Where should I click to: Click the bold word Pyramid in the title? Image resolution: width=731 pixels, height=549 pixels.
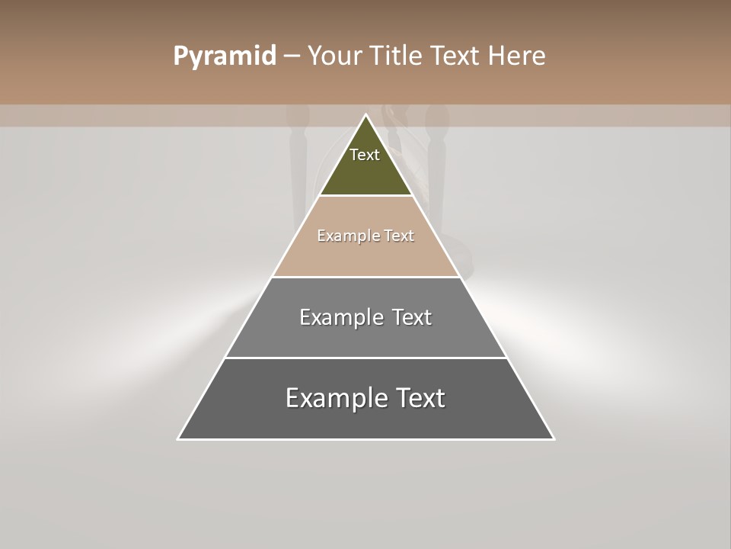224,56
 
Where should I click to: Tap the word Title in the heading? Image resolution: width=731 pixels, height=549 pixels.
400,56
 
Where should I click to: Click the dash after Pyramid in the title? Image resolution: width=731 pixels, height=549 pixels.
292,56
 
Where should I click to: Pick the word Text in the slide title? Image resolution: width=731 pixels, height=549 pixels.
458,56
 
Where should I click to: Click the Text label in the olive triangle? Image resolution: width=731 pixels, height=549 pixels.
365,155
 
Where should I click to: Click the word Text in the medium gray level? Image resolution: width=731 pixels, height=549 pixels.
412,317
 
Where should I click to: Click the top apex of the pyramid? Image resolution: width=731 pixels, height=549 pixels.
365,115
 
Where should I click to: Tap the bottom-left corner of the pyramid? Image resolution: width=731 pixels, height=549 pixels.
179,438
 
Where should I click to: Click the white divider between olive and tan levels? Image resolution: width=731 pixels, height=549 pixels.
365,196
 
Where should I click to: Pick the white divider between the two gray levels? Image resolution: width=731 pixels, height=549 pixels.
365,358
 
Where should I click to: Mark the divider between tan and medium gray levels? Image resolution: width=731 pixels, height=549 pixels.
365,277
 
